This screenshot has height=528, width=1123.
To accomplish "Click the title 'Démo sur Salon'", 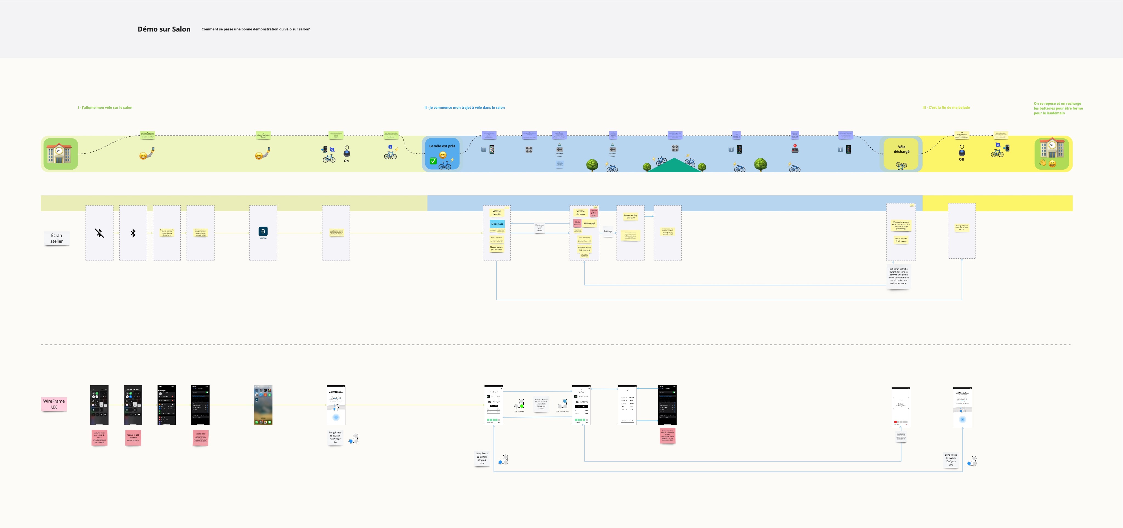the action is coord(164,29).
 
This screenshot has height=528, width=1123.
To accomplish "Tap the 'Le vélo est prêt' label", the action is coord(442,146).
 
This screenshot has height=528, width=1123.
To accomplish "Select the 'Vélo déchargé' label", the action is coord(901,149).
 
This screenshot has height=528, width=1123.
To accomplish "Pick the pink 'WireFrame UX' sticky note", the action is coord(54,404).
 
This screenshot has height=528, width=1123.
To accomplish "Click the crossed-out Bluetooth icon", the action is coord(100,233).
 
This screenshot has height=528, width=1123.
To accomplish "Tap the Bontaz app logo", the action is coord(263,231).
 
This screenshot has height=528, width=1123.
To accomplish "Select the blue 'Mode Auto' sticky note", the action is coord(497,224).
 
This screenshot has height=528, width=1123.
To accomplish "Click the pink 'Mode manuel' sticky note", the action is coord(577,223).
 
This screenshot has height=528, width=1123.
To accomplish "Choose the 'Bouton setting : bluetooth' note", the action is coord(630,216).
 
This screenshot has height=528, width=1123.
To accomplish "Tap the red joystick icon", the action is coord(795,149).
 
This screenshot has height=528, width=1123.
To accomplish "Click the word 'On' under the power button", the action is coord(346,161).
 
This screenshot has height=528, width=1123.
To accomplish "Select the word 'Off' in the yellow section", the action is coord(962,159).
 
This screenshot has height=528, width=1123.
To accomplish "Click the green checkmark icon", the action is coord(433,161).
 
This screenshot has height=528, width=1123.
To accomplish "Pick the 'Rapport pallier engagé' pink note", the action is coord(593,213).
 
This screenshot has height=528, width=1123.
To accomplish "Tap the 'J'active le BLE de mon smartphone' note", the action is coord(133,437).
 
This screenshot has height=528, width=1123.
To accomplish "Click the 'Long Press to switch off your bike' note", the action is coord(482,458).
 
